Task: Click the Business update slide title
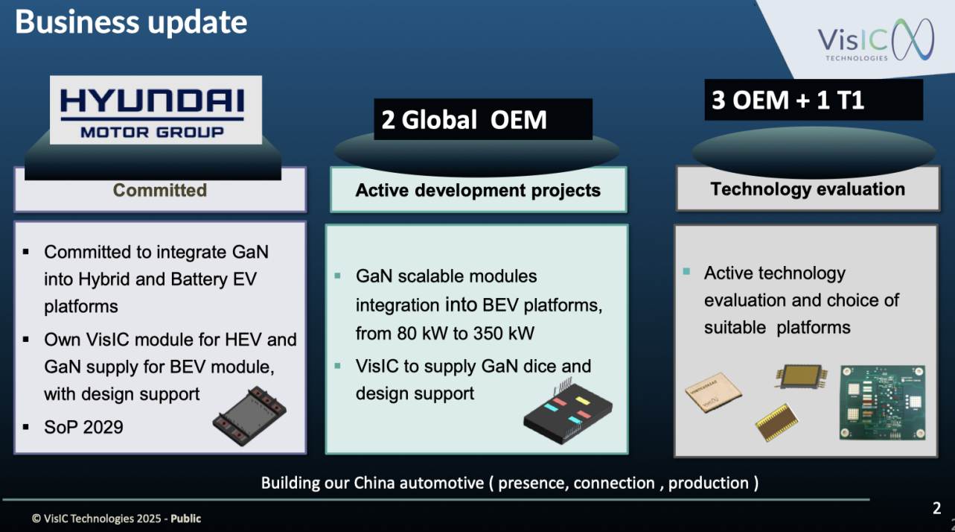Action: point(131,22)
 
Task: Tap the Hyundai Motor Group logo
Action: point(156,110)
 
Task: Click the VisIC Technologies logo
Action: point(875,39)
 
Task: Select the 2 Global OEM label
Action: point(464,120)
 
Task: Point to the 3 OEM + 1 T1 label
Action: point(788,101)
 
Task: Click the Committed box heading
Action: point(160,190)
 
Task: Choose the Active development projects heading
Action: point(478,191)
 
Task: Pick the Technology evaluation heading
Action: point(808,189)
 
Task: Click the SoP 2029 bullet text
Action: point(83,427)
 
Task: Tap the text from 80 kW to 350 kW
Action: point(444,333)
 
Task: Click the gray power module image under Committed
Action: point(249,416)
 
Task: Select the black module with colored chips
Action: point(568,411)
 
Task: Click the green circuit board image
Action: point(883,402)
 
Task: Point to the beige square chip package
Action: point(713,393)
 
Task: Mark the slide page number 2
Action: point(936,508)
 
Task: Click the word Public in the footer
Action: point(185,519)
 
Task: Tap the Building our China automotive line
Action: point(509,483)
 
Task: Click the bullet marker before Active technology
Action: point(686,271)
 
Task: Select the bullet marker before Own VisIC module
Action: point(26,340)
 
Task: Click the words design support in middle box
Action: point(415,393)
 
